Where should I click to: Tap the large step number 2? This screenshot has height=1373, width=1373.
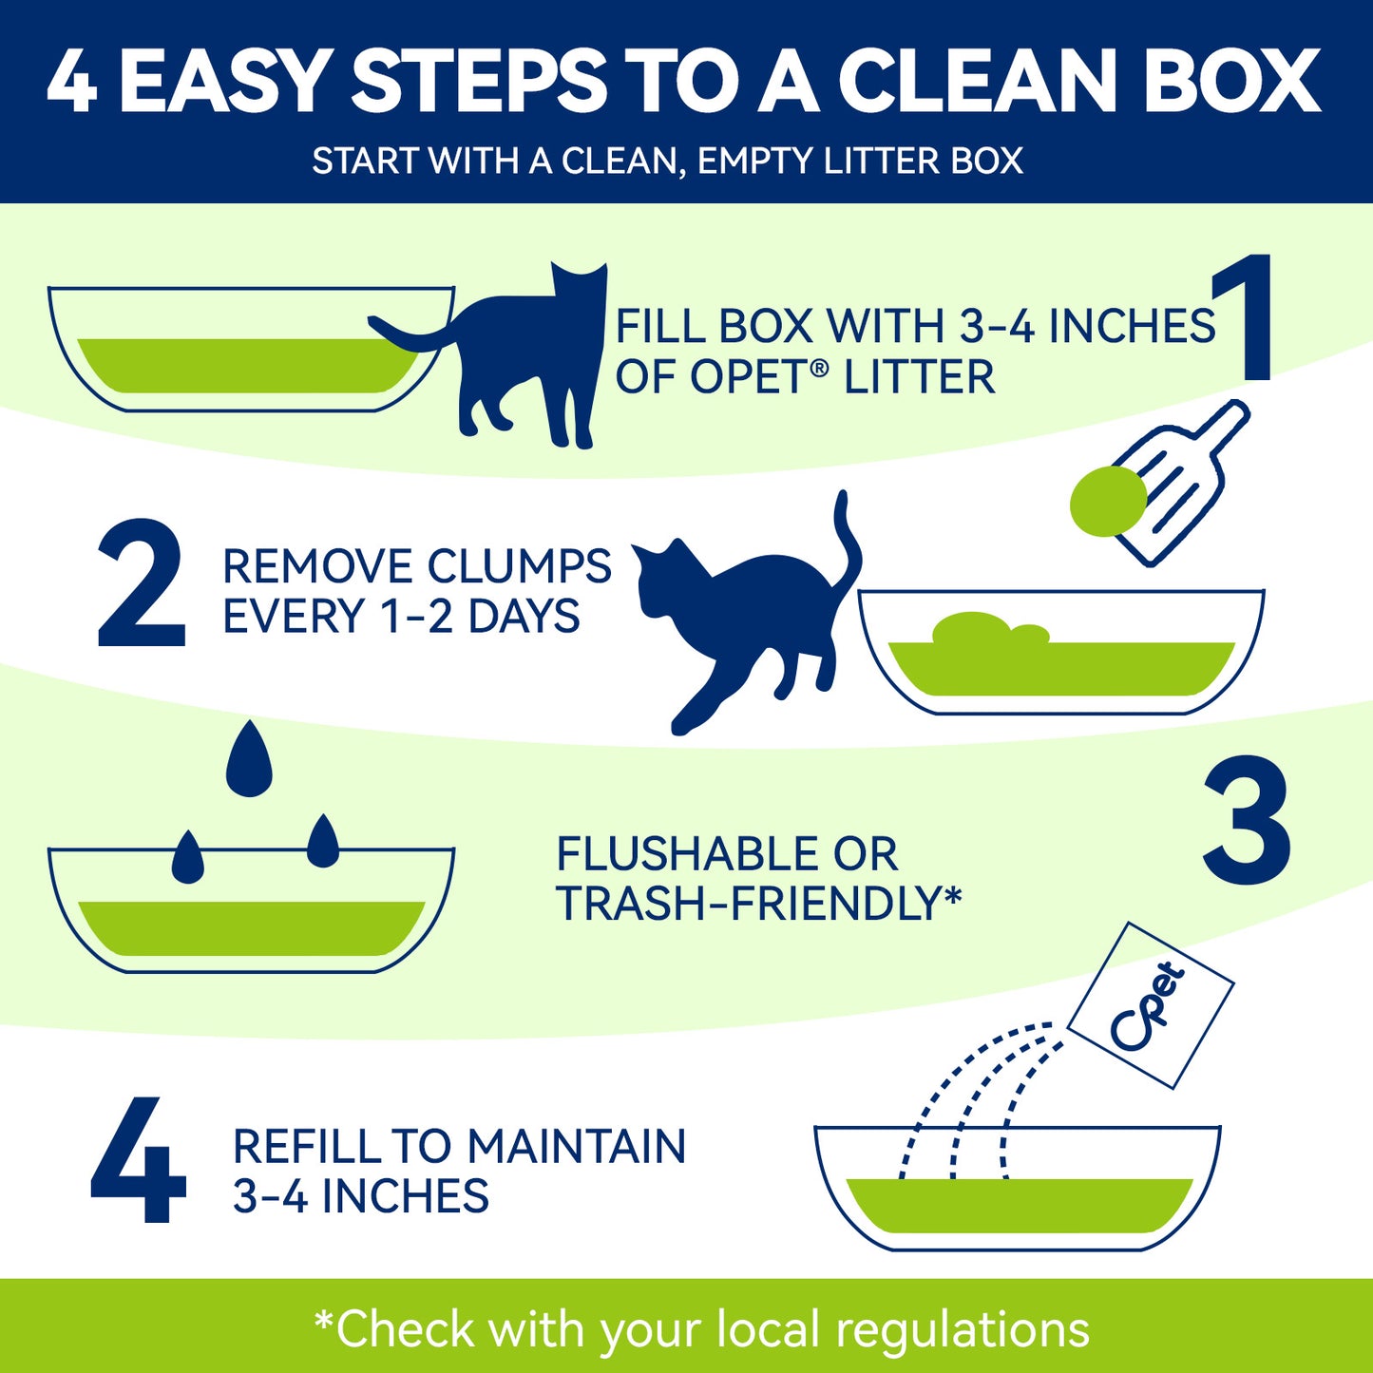(141, 582)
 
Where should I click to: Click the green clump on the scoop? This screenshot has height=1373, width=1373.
(1108, 501)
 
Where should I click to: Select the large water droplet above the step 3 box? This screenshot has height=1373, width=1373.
(249, 759)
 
